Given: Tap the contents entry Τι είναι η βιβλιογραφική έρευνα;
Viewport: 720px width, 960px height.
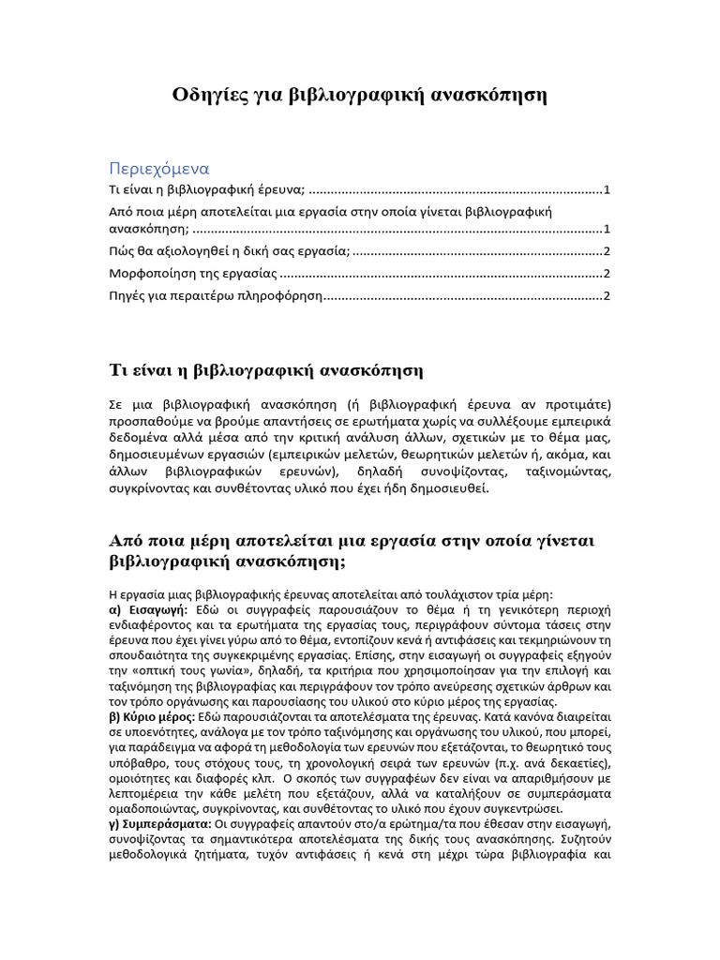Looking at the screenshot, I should tap(207, 190).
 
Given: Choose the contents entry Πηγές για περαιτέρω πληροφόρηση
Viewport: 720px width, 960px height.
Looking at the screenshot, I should tap(215, 296).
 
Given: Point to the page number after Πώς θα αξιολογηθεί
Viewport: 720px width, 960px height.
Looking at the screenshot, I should tap(607, 250).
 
